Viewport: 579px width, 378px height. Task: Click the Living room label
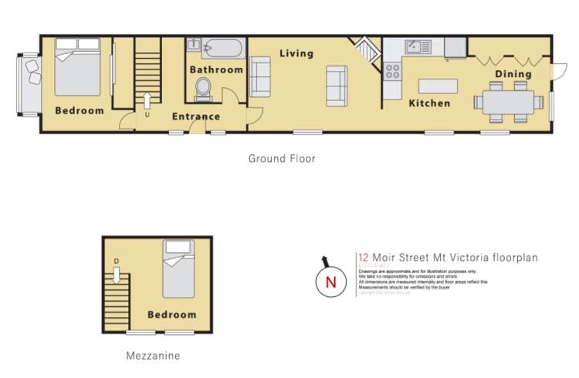coord(296,53)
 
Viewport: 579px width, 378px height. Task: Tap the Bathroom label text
coord(217,69)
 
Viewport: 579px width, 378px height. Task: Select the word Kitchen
coord(429,103)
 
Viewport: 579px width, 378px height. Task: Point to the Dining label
coord(513,74)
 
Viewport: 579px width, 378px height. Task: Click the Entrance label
coord(195,117)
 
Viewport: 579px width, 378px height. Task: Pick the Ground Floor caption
coord(282,159)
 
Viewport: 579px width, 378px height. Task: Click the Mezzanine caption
coord(153,356)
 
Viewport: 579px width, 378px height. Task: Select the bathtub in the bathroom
coord(222,49)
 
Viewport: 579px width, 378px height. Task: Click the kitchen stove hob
coord(392,71)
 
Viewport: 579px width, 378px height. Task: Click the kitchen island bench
coord(438,85)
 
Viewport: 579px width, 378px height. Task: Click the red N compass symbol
coord(331,282)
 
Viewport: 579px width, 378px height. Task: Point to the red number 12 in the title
coord(363,258)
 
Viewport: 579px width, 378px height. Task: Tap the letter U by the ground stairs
coord(147,116)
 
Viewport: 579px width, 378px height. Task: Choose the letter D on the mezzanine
coord(116,260)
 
